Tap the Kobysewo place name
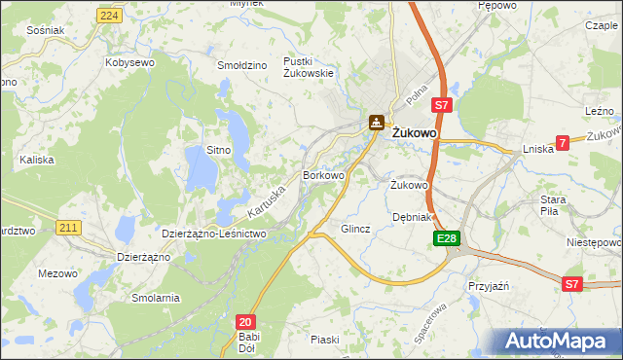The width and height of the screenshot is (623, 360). pos(130,61)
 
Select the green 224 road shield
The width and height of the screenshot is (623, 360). pos(110,16)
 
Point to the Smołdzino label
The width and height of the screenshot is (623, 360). pos(242,65)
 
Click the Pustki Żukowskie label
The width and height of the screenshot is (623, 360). pos(309,66)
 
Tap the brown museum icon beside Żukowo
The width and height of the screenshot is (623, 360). pos(376,123)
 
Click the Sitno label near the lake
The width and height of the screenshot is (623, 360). pos(218,150)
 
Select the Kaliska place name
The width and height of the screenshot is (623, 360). pos(35,157)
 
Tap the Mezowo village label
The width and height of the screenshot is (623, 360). pos(57,273)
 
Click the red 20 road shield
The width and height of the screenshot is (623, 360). pos(245,321)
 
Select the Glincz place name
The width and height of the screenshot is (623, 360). pos(355,230)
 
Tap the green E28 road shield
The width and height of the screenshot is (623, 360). pos(446,238)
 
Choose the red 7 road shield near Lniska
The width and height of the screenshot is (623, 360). pos(562,143)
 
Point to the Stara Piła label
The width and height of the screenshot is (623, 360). pos(554,204)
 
